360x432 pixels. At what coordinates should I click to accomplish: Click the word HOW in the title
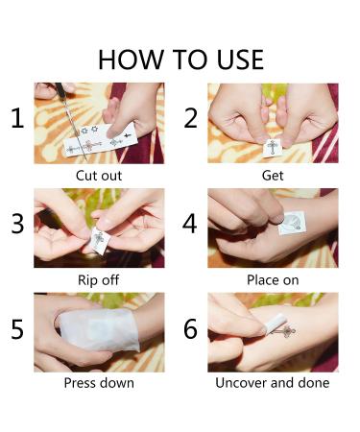point(131,60)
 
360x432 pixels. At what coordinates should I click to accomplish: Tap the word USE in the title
point(240,60)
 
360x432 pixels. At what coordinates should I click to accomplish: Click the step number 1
point(17,118)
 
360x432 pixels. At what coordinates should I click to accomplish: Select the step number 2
point(190,118)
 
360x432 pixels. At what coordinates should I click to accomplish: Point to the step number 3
point(17,224)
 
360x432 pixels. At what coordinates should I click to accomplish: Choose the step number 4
point(189,224)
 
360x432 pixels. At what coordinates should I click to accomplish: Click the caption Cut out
point(99,176)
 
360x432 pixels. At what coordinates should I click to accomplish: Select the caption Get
point(273,176)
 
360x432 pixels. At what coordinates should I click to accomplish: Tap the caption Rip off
point(99,280)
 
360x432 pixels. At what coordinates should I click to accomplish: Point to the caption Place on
point(273,280)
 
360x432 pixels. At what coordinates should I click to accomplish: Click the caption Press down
point(99,383)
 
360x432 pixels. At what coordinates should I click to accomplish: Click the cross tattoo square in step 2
point(272,148)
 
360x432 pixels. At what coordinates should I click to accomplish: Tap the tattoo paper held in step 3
point(100,240)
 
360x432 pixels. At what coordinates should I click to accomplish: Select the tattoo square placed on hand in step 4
point(292,223)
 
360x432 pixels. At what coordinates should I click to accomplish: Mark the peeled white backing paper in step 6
point(276,324)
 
